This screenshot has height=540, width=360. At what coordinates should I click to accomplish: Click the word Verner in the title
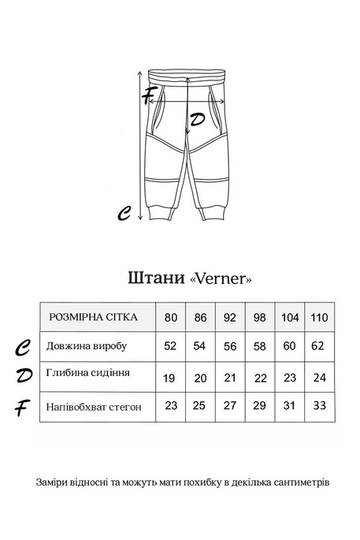pyautogui.click(x=222, y=279)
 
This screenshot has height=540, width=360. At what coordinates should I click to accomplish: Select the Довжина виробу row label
pyautogui.click(x=87, y=345)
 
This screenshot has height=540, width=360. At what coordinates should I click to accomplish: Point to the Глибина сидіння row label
pyautogui.click(x=88, y=373)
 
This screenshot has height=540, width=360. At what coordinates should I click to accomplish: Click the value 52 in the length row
pyautogui.click(x=169, y=345)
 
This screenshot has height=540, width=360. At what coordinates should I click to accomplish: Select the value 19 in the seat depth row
pyautogui.click(x=169, y=377)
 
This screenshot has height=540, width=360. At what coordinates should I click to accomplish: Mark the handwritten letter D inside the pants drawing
pyautogui.click(x=198, y=120)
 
